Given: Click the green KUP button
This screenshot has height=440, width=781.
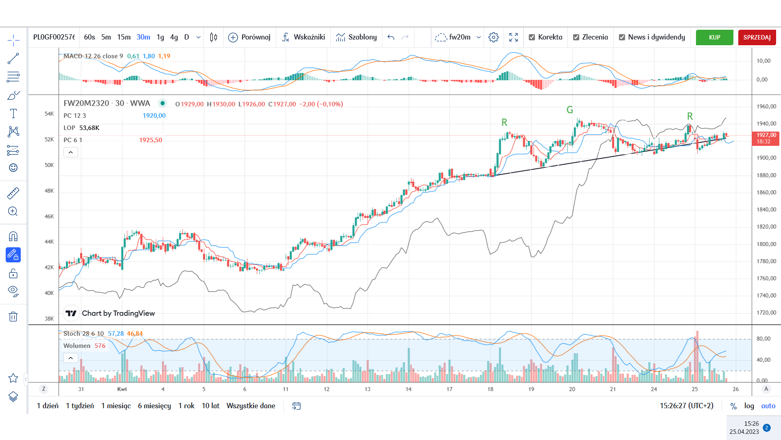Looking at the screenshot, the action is tap(714, 37).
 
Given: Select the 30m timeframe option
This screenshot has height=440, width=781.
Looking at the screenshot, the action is tap(143, 37).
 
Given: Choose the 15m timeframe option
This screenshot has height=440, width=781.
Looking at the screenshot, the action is tap(124, 37).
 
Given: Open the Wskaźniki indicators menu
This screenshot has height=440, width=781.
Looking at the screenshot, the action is tap(303, 37).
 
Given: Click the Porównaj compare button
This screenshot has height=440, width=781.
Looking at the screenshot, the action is tap(249, 37).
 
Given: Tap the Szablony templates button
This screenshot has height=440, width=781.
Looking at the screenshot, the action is tap(356, 37).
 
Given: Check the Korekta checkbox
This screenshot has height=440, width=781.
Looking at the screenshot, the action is tap(532, 37).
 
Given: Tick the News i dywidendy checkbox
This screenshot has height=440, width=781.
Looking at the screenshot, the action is tap(622, 37).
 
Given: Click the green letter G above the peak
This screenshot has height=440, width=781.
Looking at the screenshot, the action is tap(569, 110).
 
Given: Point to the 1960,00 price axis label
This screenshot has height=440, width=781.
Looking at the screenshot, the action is tap(766, 106).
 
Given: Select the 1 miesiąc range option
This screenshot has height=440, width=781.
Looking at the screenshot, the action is tap(116, 406).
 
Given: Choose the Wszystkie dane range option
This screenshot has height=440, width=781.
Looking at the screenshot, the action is tap(251, 406).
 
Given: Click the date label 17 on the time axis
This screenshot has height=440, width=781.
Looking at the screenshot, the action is tap(449, 389).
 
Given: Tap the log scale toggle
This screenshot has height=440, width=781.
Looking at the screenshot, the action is tap(749, 406).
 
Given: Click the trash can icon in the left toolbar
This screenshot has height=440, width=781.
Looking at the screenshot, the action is tap(13, 317).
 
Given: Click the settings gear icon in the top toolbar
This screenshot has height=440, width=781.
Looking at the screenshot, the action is tap(493, 37).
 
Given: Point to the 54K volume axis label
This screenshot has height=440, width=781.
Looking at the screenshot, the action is tap(49, 114).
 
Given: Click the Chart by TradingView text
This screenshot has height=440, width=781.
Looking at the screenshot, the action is tap(118, 313).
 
